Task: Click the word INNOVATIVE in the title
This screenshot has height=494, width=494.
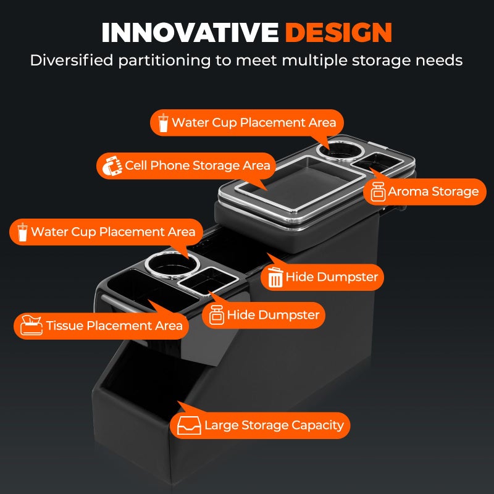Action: click(190, 33)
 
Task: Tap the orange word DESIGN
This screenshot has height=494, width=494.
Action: click(338, 33)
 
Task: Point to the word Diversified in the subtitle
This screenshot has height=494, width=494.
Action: click(72, 60)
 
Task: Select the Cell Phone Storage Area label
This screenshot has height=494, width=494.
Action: click(186, 165)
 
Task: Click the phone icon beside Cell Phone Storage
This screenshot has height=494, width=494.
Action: click(112, 165)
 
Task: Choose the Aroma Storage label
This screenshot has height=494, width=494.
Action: click(425, 191)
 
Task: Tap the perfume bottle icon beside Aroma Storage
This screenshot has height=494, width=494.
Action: click(378, 191)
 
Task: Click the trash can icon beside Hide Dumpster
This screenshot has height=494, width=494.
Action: click(275, 277)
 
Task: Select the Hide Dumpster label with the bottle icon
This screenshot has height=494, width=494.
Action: click(264, 315)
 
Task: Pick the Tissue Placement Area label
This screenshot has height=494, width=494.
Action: click(101, 326)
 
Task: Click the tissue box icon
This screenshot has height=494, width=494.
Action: click(31, 325)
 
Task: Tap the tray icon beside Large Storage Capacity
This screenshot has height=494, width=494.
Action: click(189, 425)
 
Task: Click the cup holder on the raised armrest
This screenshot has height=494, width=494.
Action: click(341, 150)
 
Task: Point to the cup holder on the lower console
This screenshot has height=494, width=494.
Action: click(173, 266)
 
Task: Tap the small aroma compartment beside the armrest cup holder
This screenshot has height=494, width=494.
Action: click(377, 162)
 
